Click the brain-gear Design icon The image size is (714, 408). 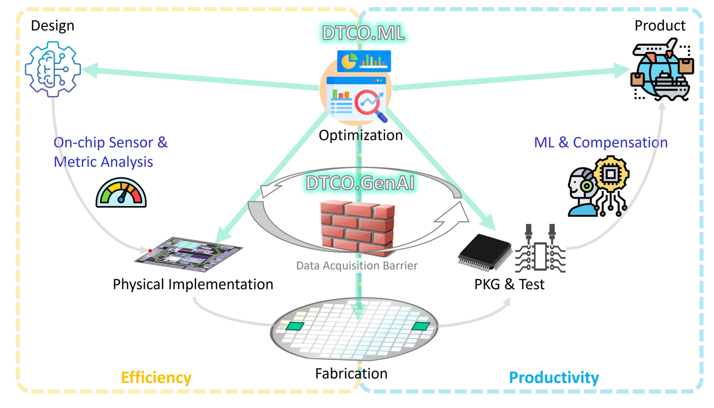click(x=53, y=69)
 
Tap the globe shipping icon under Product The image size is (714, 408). click(x=662, y=71)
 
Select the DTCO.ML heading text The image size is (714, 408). click(x=363, y=33)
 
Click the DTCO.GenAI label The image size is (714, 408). click(x=360, y=183)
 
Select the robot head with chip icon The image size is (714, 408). click(x=598, y=186)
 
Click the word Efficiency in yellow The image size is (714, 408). click(x=156, y=378)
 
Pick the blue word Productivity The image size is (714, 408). click(x=554, y=378)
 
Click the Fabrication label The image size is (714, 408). click(x=351, y=374)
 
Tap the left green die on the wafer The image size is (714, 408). click(x=295, y=326)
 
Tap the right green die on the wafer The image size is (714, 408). click(x=421, y=326)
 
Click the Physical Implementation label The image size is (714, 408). click(x=193, y=284)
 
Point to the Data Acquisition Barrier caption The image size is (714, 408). click(x=357, y=266)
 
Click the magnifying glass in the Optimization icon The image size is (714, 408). click(x=370, y=103)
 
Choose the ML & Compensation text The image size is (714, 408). click(x=601, y=142)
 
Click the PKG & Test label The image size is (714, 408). click(x=509, y=284)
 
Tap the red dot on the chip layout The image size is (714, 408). click(x=150, y=251)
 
